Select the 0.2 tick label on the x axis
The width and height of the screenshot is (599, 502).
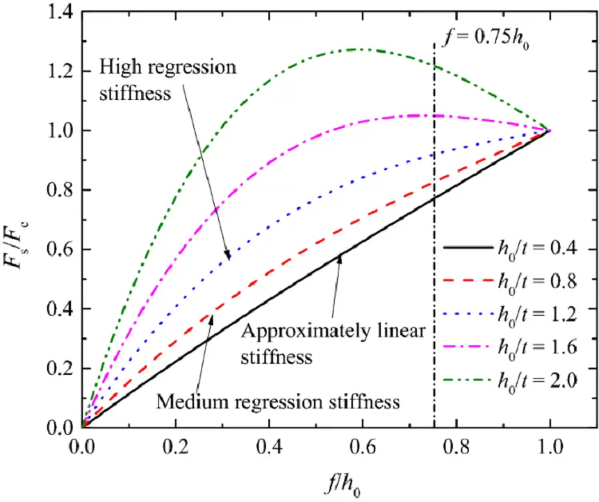click(175, 443)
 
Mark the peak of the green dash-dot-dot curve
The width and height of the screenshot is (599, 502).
click(364, 50)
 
